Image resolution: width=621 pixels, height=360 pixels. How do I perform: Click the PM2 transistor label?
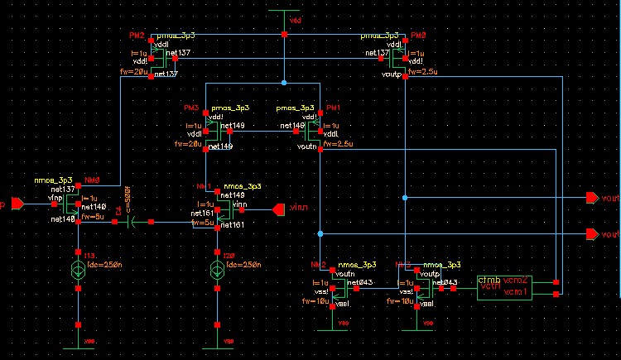137,36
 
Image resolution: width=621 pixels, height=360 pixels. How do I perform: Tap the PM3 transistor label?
191,108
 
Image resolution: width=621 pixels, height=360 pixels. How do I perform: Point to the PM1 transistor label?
334,108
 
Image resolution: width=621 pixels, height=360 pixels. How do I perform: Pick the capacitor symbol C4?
132,222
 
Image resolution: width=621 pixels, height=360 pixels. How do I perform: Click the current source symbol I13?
77,267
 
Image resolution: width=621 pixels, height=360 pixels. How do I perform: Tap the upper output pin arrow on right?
590,198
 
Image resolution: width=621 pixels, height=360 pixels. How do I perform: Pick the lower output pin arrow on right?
590,234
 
